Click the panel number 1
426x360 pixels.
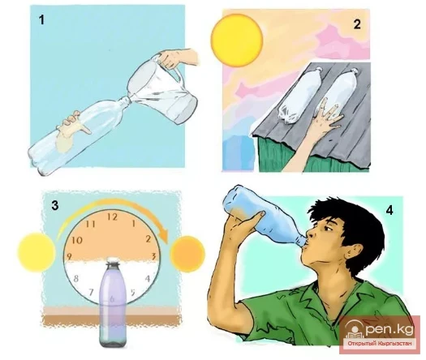pos(41,19)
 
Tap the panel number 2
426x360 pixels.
pos(357,24)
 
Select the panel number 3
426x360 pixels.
pos(54,205)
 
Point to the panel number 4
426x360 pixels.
pos(389,211)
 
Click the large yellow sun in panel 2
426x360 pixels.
pos(237,41)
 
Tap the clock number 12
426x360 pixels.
pos(112,217)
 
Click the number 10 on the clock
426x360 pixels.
pos(77,240)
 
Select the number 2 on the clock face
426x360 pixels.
pos(148,239)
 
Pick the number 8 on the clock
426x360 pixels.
pos(76,278)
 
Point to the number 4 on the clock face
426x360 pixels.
pos(148,279)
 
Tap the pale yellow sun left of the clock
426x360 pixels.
pos(37,252)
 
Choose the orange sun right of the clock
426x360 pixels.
pos(187,253)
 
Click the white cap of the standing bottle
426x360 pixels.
pos(113,262)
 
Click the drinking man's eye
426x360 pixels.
pos(329,229)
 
